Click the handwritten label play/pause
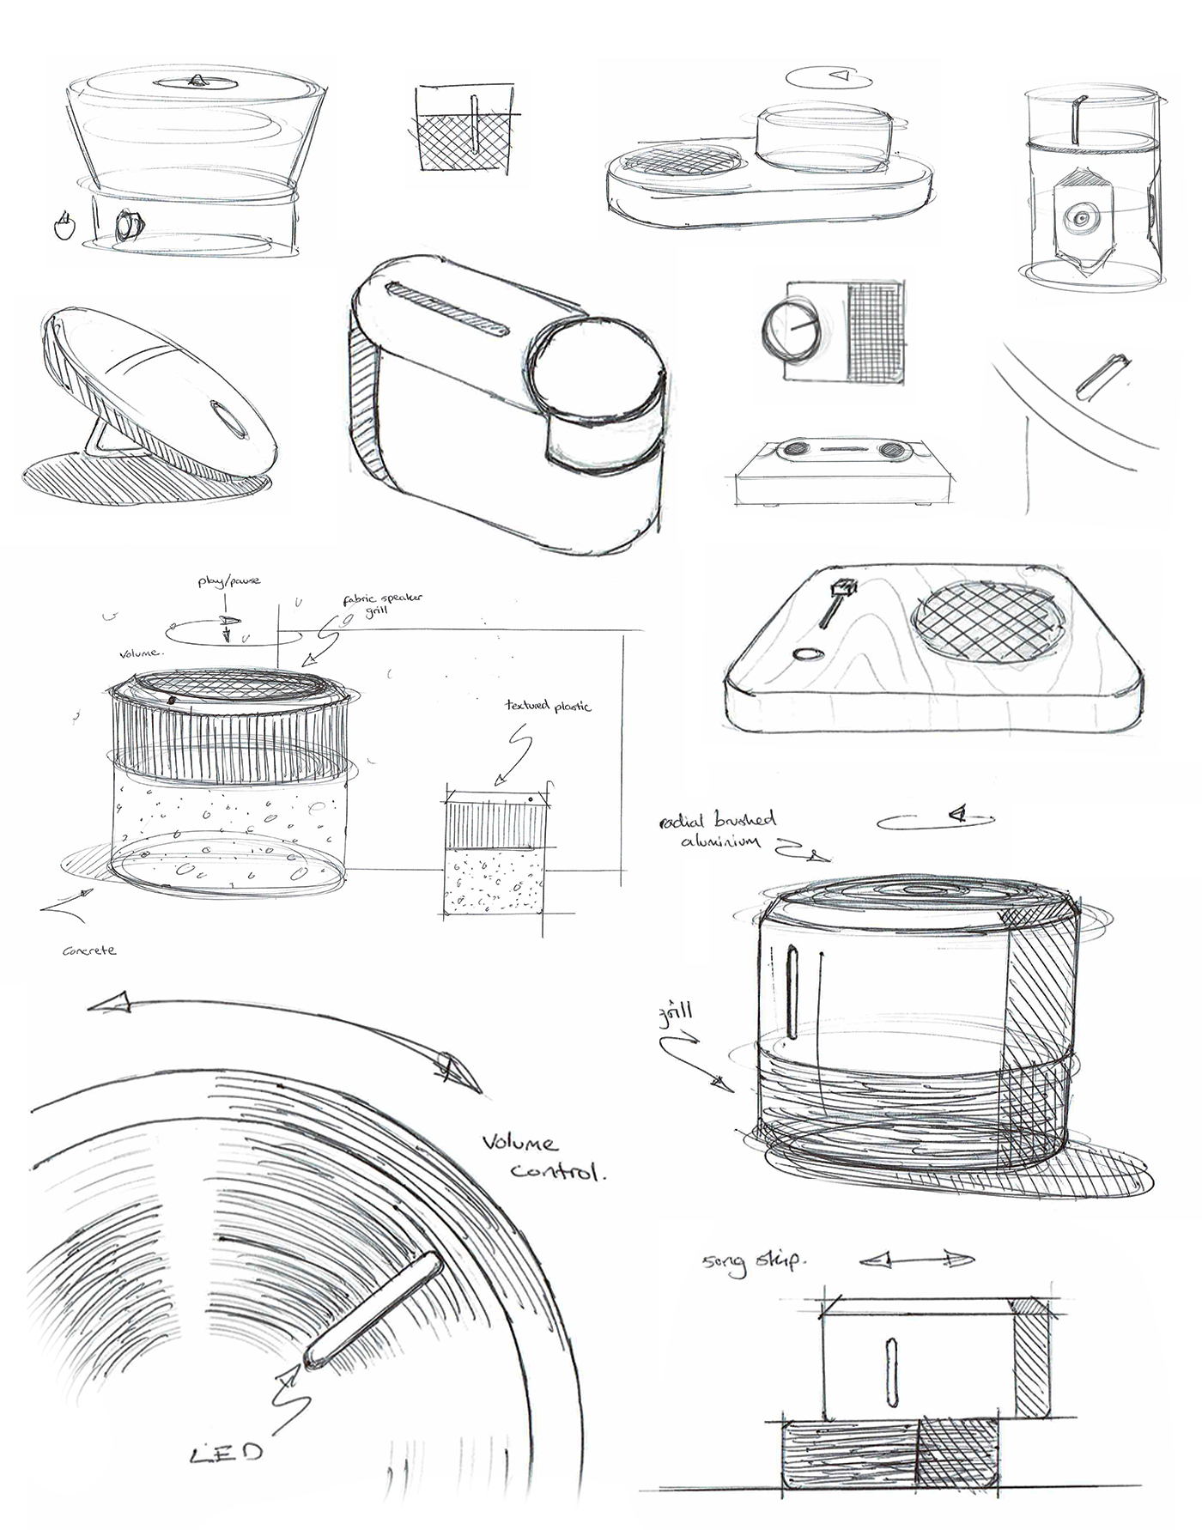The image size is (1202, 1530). [228, 581]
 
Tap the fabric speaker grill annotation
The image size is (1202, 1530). [383, 604]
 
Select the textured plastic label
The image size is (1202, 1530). [548, 706]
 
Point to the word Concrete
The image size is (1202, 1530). [88, 950]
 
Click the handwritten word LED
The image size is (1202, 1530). [226, 1452]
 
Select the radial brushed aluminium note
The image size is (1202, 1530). [719, 830]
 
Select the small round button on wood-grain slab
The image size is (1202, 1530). [806, 655]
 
